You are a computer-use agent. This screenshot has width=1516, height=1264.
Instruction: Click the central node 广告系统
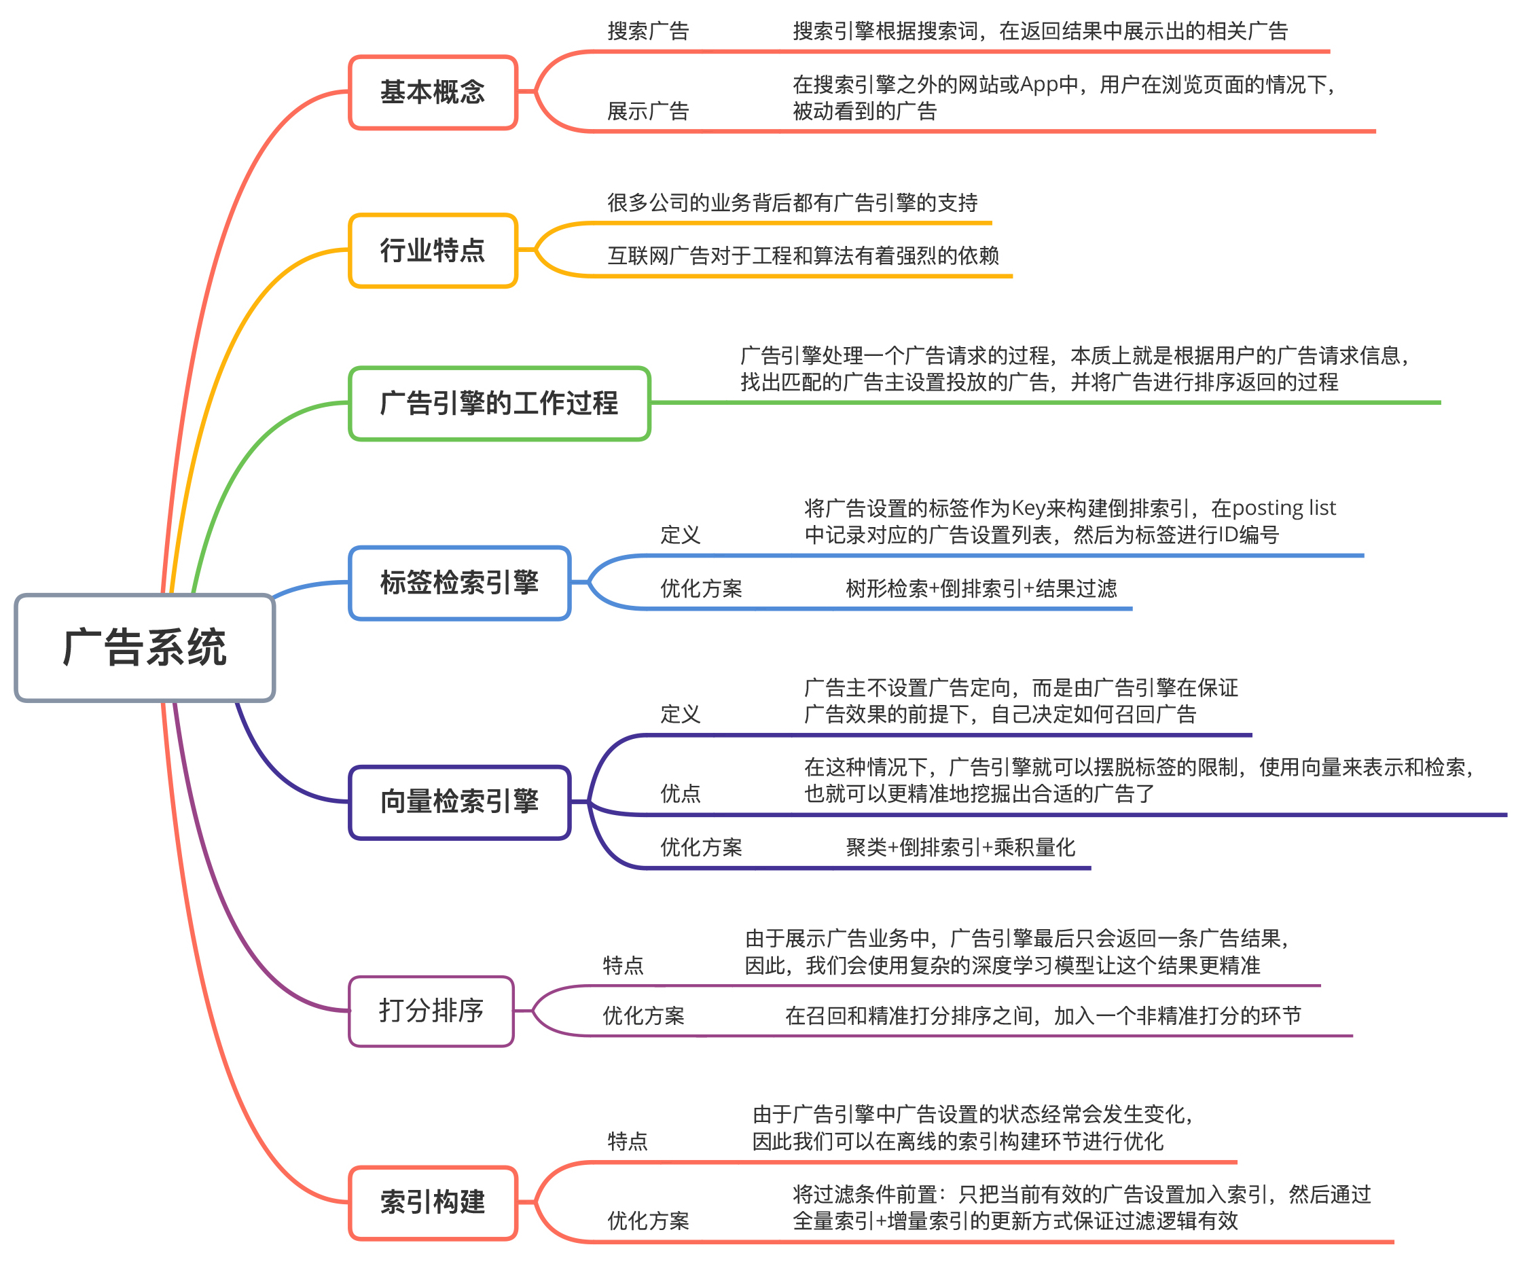coord(145,647)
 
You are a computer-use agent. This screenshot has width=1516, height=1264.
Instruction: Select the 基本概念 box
coord(433,92)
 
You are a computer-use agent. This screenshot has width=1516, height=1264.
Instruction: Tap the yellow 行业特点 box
coord(433,251)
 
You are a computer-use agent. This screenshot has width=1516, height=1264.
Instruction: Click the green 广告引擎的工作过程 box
coord(499,403)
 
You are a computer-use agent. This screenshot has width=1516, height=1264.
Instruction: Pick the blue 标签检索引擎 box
coord(459,583)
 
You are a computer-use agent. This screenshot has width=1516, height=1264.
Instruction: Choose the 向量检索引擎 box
coord(459,802)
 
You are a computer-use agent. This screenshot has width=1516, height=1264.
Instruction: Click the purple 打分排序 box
coord(431,1011)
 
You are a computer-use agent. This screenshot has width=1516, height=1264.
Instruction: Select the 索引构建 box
coord(433,1203)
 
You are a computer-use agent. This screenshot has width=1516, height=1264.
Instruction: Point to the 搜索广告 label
coord(648,31)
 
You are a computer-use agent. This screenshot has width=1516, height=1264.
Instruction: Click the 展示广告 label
coord(648,111)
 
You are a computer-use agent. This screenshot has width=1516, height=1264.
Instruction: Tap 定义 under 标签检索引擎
coord(680,535)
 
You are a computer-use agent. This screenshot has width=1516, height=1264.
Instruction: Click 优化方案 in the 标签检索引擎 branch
coord(701,588)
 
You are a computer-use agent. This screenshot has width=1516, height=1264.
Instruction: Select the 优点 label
coord(680,794)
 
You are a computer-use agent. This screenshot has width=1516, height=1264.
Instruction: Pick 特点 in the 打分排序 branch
coord(623,965)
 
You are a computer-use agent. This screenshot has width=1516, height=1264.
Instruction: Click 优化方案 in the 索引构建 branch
coord(648,1221)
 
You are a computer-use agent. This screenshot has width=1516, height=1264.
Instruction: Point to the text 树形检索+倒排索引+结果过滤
coord(981,588)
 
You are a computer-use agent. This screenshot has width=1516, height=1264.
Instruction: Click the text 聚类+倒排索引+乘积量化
coord(960,848)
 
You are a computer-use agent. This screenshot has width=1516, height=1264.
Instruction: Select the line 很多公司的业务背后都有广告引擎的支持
coord(792,203)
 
